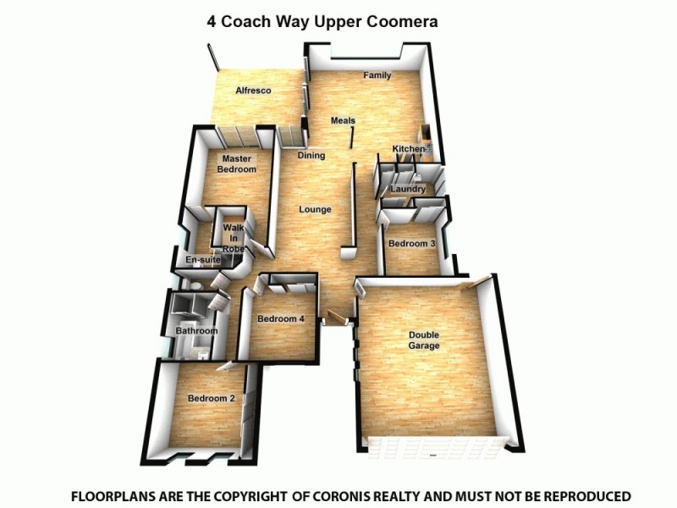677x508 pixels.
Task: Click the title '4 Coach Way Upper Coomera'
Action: tap(322, 21)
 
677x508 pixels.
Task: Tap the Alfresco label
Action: tap(253, 90)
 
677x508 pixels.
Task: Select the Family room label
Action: tap(377, 75)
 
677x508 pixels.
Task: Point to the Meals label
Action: tap(343, 121)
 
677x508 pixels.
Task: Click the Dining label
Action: tap(311, 156)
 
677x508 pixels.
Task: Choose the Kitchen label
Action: tap(408, 150)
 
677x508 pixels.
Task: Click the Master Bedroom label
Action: tap(237, 164)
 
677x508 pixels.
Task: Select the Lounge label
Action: tap(315, 209)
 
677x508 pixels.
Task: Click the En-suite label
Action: tap(202, 261)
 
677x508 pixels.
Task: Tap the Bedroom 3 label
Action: tap(412, 244)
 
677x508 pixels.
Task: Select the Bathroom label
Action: tap(196, 331)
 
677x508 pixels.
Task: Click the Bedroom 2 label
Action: tap(212, 399)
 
